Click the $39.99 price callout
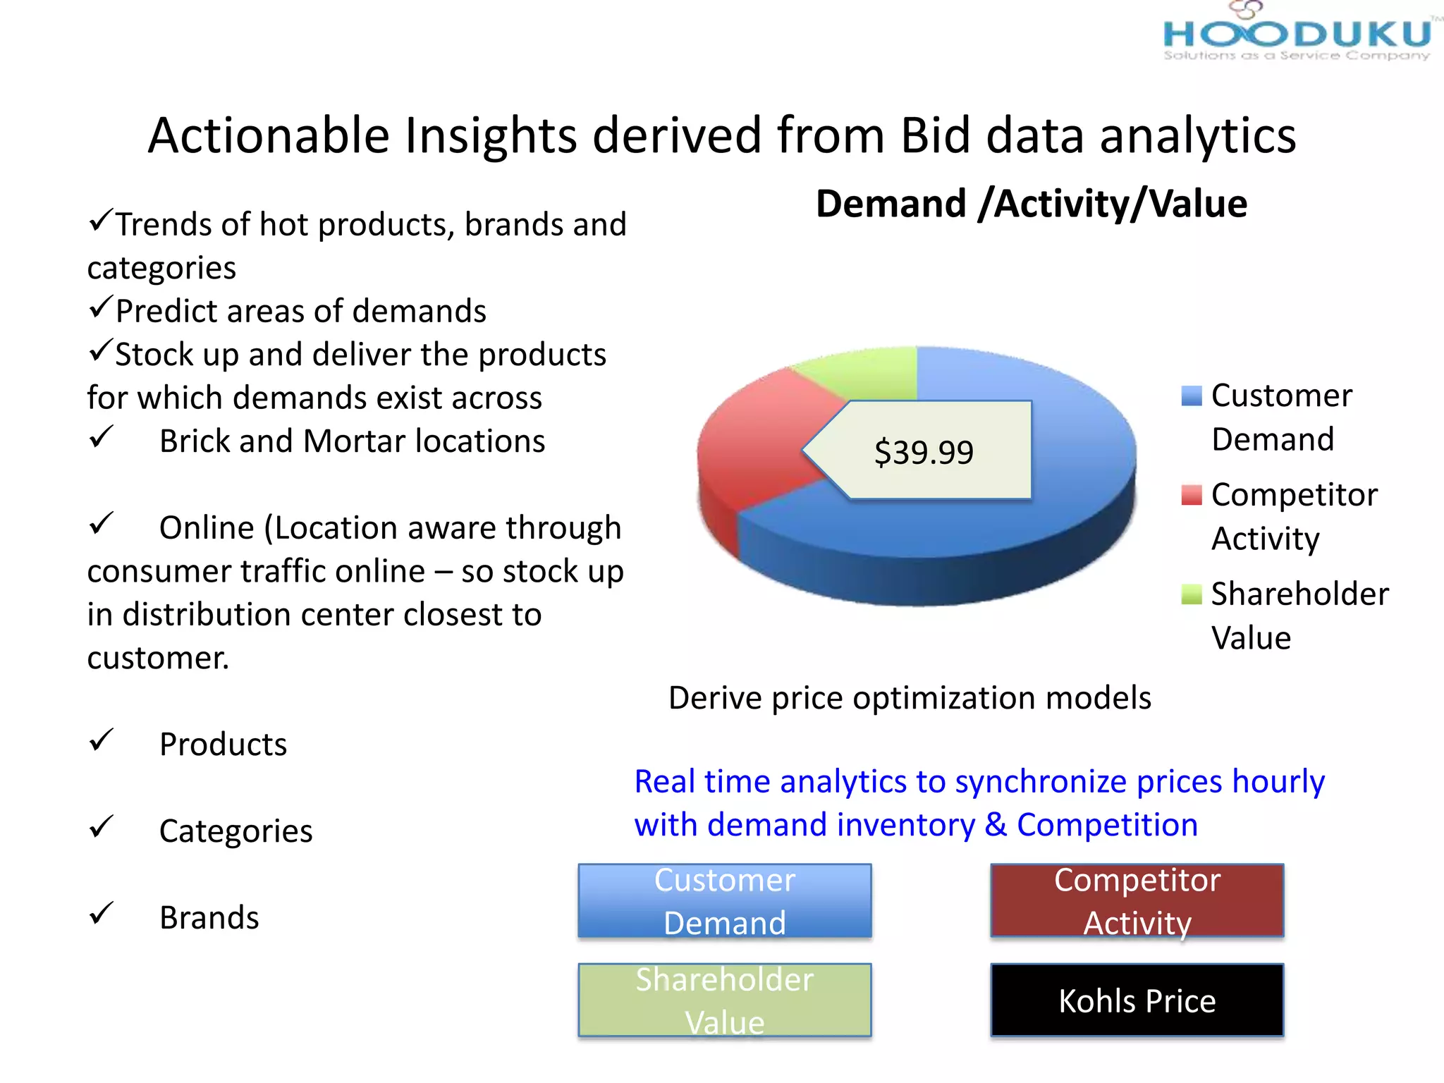924,451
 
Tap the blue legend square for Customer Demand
1191,396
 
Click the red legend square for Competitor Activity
1191,495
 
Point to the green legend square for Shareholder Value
1191,594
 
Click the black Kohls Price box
1137,1000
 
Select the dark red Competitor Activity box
1137,900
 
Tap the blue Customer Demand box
724,900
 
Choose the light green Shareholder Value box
724,1000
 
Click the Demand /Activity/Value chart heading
1031,204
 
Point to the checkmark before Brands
102,913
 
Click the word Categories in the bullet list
235,831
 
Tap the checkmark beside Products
102,740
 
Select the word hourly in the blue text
1278,782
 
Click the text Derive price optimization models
910,698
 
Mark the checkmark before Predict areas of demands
101,307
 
